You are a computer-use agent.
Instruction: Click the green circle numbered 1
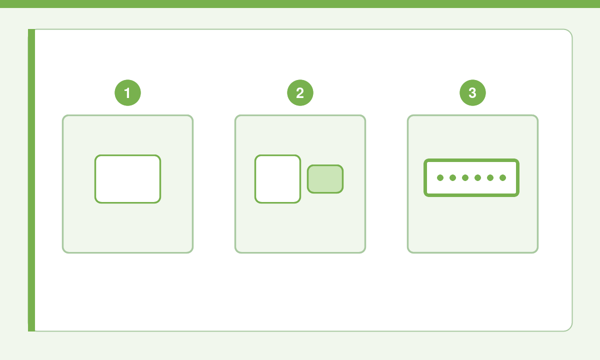click(128, 92)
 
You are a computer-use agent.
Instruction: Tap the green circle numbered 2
click(300, 92)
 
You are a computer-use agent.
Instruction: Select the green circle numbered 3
click(472, 92)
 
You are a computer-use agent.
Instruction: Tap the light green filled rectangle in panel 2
click(325, 179)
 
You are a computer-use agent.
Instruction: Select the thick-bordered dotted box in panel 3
click(471, 160)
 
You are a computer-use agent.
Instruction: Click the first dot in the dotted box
click(440, 177)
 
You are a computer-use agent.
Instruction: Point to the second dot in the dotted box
click(452, 177)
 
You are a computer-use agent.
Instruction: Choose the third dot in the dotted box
click(465, 177)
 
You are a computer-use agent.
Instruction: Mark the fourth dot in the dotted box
click(477, 177)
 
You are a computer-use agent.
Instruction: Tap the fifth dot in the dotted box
click(490, 177)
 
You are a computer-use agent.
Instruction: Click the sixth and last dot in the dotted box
click(503, 177)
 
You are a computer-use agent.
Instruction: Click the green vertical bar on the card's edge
click(31, 180)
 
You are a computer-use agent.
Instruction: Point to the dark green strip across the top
click(300, 4)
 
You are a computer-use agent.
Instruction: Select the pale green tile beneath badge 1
click(128, 227)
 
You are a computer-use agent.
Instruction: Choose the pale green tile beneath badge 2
click(300, 227)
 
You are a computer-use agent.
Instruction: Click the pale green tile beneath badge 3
click(472, 227)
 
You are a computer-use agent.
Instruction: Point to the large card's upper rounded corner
click(569, 31)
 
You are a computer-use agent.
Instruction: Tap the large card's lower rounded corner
click(569, 328)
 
